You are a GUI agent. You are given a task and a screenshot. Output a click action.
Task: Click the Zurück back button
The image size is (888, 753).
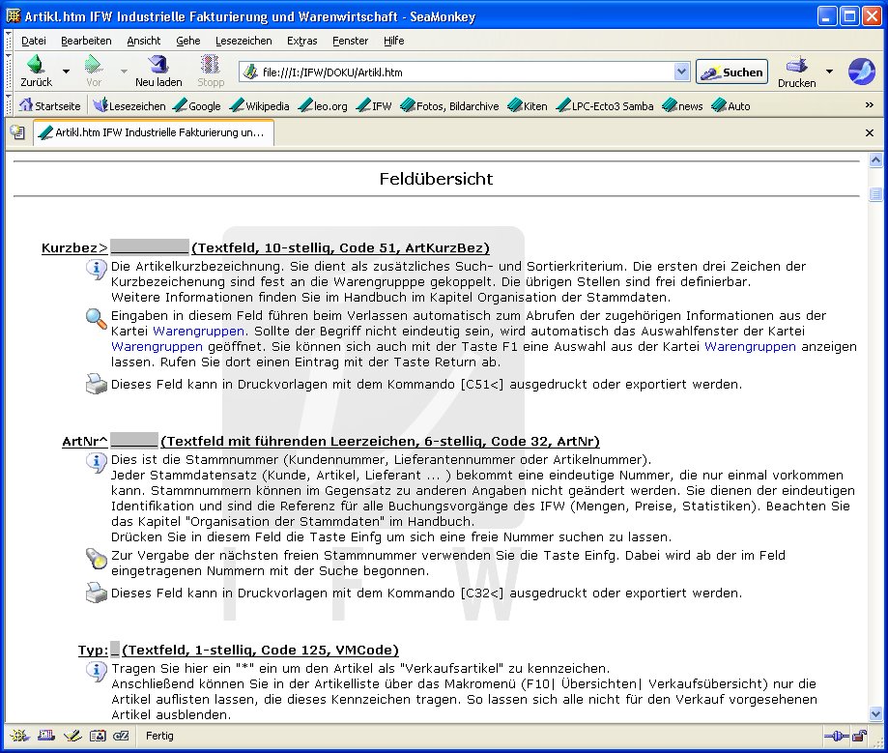tap(36, 71)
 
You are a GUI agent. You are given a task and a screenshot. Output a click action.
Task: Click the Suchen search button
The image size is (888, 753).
tap(731, 72)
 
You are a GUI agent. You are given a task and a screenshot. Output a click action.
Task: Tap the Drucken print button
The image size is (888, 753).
tap(796, 71)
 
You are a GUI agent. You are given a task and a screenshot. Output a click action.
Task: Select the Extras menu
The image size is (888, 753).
tap(301, 41)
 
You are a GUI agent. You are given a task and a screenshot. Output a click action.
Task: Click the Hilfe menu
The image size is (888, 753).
tap(393, 41)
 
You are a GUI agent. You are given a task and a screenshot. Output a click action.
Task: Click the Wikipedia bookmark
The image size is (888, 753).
tap(260, 106)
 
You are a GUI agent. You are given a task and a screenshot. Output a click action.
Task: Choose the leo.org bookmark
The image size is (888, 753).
tap(323, 106)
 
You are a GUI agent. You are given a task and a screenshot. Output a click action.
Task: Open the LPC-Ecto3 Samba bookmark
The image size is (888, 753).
tap(605, 106)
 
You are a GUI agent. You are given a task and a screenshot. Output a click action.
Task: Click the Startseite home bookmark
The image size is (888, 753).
tap(50, 106)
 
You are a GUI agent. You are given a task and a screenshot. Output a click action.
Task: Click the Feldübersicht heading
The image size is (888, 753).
tap(436, 179)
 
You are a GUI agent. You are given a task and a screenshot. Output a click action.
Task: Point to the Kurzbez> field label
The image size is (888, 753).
tap(74, 248)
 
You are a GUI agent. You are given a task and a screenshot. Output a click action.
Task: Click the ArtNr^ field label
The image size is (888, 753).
tap(85, 442)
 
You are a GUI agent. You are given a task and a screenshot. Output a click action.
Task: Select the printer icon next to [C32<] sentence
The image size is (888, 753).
tap(96, 594)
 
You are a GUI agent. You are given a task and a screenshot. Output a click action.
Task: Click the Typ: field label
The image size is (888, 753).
tap(93, 650)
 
